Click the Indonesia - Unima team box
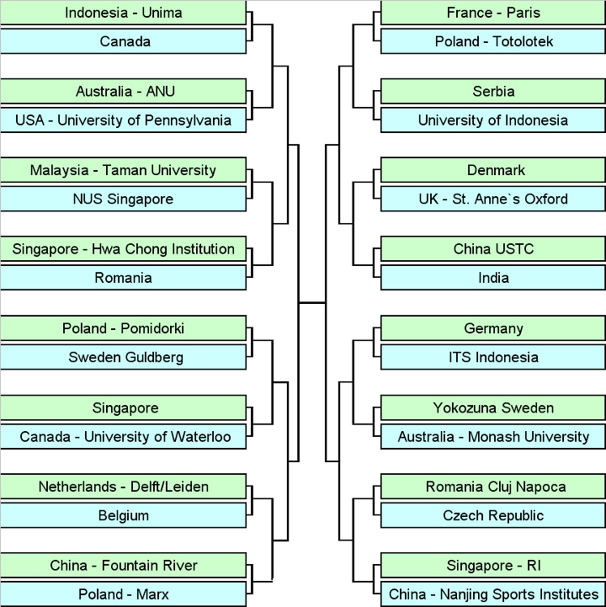pos(123,13)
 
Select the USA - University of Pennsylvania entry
pos(123,120)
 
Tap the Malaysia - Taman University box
pos(123,170)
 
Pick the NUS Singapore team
pos(123,200)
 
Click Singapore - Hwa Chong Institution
pos(123,249)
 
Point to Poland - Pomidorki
pos(123,328)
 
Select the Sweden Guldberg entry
pos(123,357)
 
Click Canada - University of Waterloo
pos(123,437)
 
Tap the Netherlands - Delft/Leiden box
pos(123,487)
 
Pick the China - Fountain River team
pos(123,565)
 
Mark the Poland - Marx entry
pos(123,594)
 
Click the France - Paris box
pos(494,13)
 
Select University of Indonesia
pos(494,120)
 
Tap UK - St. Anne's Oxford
pos(494,200)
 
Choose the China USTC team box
pos(494,249)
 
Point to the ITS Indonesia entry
pos(494,357)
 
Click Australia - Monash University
pos(494,437)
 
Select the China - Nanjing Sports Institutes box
pos(494,594)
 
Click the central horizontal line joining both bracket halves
pos(312,301)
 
